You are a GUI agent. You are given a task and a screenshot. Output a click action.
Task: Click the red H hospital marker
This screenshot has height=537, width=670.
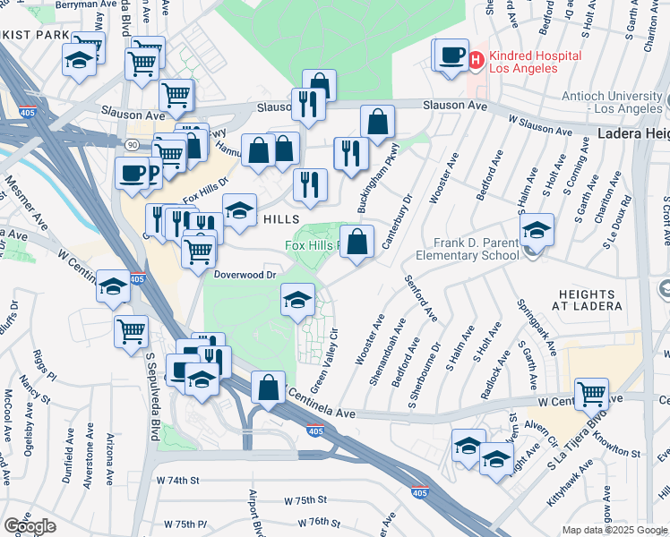tap(475, 60)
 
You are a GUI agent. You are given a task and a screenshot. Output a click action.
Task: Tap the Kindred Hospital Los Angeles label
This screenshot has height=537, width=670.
tap(533, 63)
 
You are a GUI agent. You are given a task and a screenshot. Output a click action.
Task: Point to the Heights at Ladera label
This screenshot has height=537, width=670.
tap(588, 300)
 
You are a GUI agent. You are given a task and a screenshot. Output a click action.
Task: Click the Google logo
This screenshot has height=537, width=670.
tap(30, 526)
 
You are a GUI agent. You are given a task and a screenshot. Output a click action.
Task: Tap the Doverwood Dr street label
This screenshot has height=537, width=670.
tap(245, 276)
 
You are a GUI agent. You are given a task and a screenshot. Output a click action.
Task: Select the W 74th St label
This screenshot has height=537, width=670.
tap(176, 481)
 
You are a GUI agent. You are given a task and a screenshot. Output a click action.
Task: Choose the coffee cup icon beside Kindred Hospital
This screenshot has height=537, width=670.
tap(452, 55)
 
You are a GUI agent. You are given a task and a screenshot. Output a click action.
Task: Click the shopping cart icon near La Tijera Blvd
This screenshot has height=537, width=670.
tap(592, 393)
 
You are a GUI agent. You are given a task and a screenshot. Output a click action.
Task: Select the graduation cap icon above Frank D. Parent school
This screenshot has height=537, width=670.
tap(536, 230)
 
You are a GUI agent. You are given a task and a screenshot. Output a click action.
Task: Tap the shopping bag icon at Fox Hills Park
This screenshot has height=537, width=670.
tap(356, 242)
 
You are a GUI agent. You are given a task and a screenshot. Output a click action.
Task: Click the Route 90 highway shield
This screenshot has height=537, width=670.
tap(133, 145)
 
